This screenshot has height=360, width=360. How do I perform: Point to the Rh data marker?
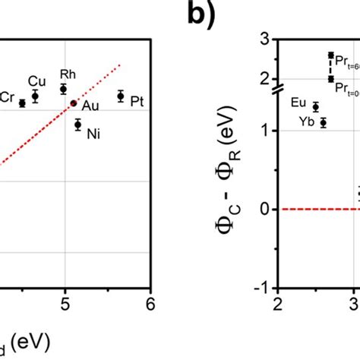pos(64,89)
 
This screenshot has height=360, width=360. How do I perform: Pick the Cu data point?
pos(35,96)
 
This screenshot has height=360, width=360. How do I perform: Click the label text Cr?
pos(7,96)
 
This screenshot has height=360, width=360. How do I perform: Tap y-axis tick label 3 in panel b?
pos(266,39)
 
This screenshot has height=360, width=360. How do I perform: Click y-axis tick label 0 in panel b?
pos(266,209)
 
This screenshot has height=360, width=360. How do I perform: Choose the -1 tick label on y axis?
pos(263,287)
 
